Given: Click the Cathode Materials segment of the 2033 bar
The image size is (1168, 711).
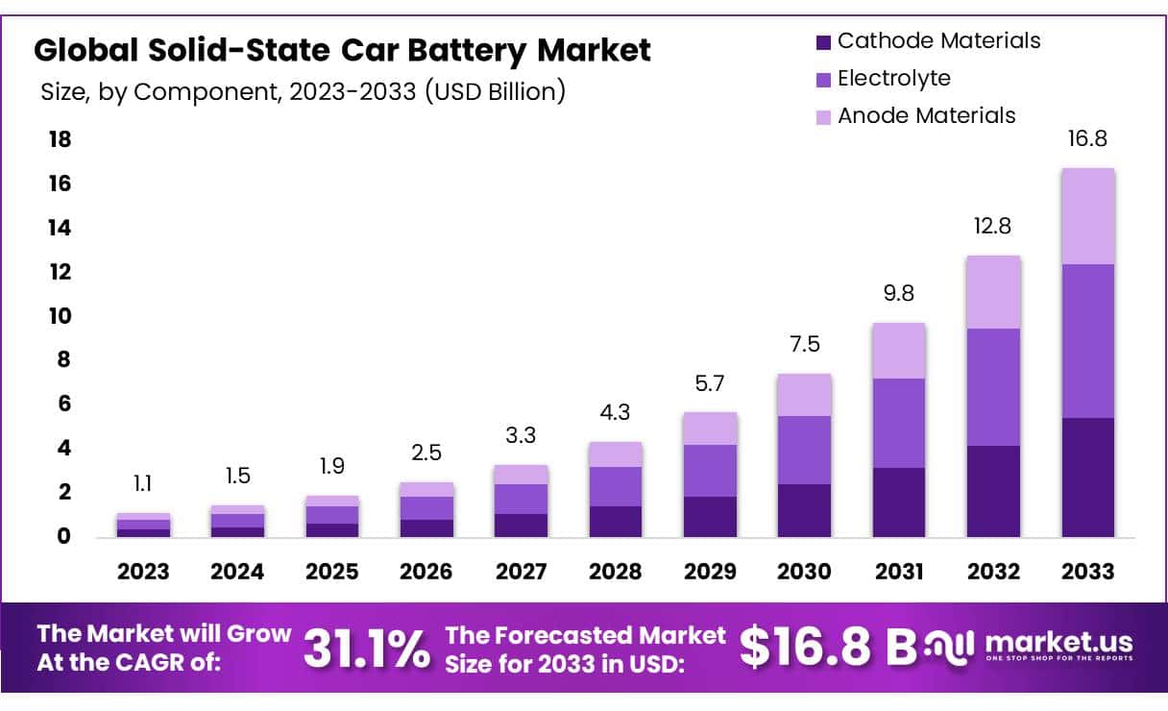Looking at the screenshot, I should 1088,478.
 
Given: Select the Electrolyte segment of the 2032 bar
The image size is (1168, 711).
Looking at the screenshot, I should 993,387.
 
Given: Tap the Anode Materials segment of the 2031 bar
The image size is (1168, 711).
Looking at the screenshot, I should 899,351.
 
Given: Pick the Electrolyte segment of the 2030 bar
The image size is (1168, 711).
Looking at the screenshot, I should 804,450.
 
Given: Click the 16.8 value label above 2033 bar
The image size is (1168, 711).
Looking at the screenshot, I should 1087,139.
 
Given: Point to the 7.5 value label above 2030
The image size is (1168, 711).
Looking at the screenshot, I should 803,345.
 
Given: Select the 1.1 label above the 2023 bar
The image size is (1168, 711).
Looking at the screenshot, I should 142,484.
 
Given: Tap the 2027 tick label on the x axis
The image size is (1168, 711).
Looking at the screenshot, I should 521,572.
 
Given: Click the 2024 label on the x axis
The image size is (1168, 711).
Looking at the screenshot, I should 237,572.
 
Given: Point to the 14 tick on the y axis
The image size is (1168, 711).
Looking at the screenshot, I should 60,228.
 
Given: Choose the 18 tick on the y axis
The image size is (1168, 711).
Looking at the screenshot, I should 60,140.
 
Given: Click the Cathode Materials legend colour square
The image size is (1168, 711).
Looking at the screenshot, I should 822,42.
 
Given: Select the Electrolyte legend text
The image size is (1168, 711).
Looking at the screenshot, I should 893,78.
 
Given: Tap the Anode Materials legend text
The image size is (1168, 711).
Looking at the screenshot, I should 926,115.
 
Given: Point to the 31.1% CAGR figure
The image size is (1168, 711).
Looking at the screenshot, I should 367,649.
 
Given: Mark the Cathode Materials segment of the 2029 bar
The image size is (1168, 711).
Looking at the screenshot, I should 710,517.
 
